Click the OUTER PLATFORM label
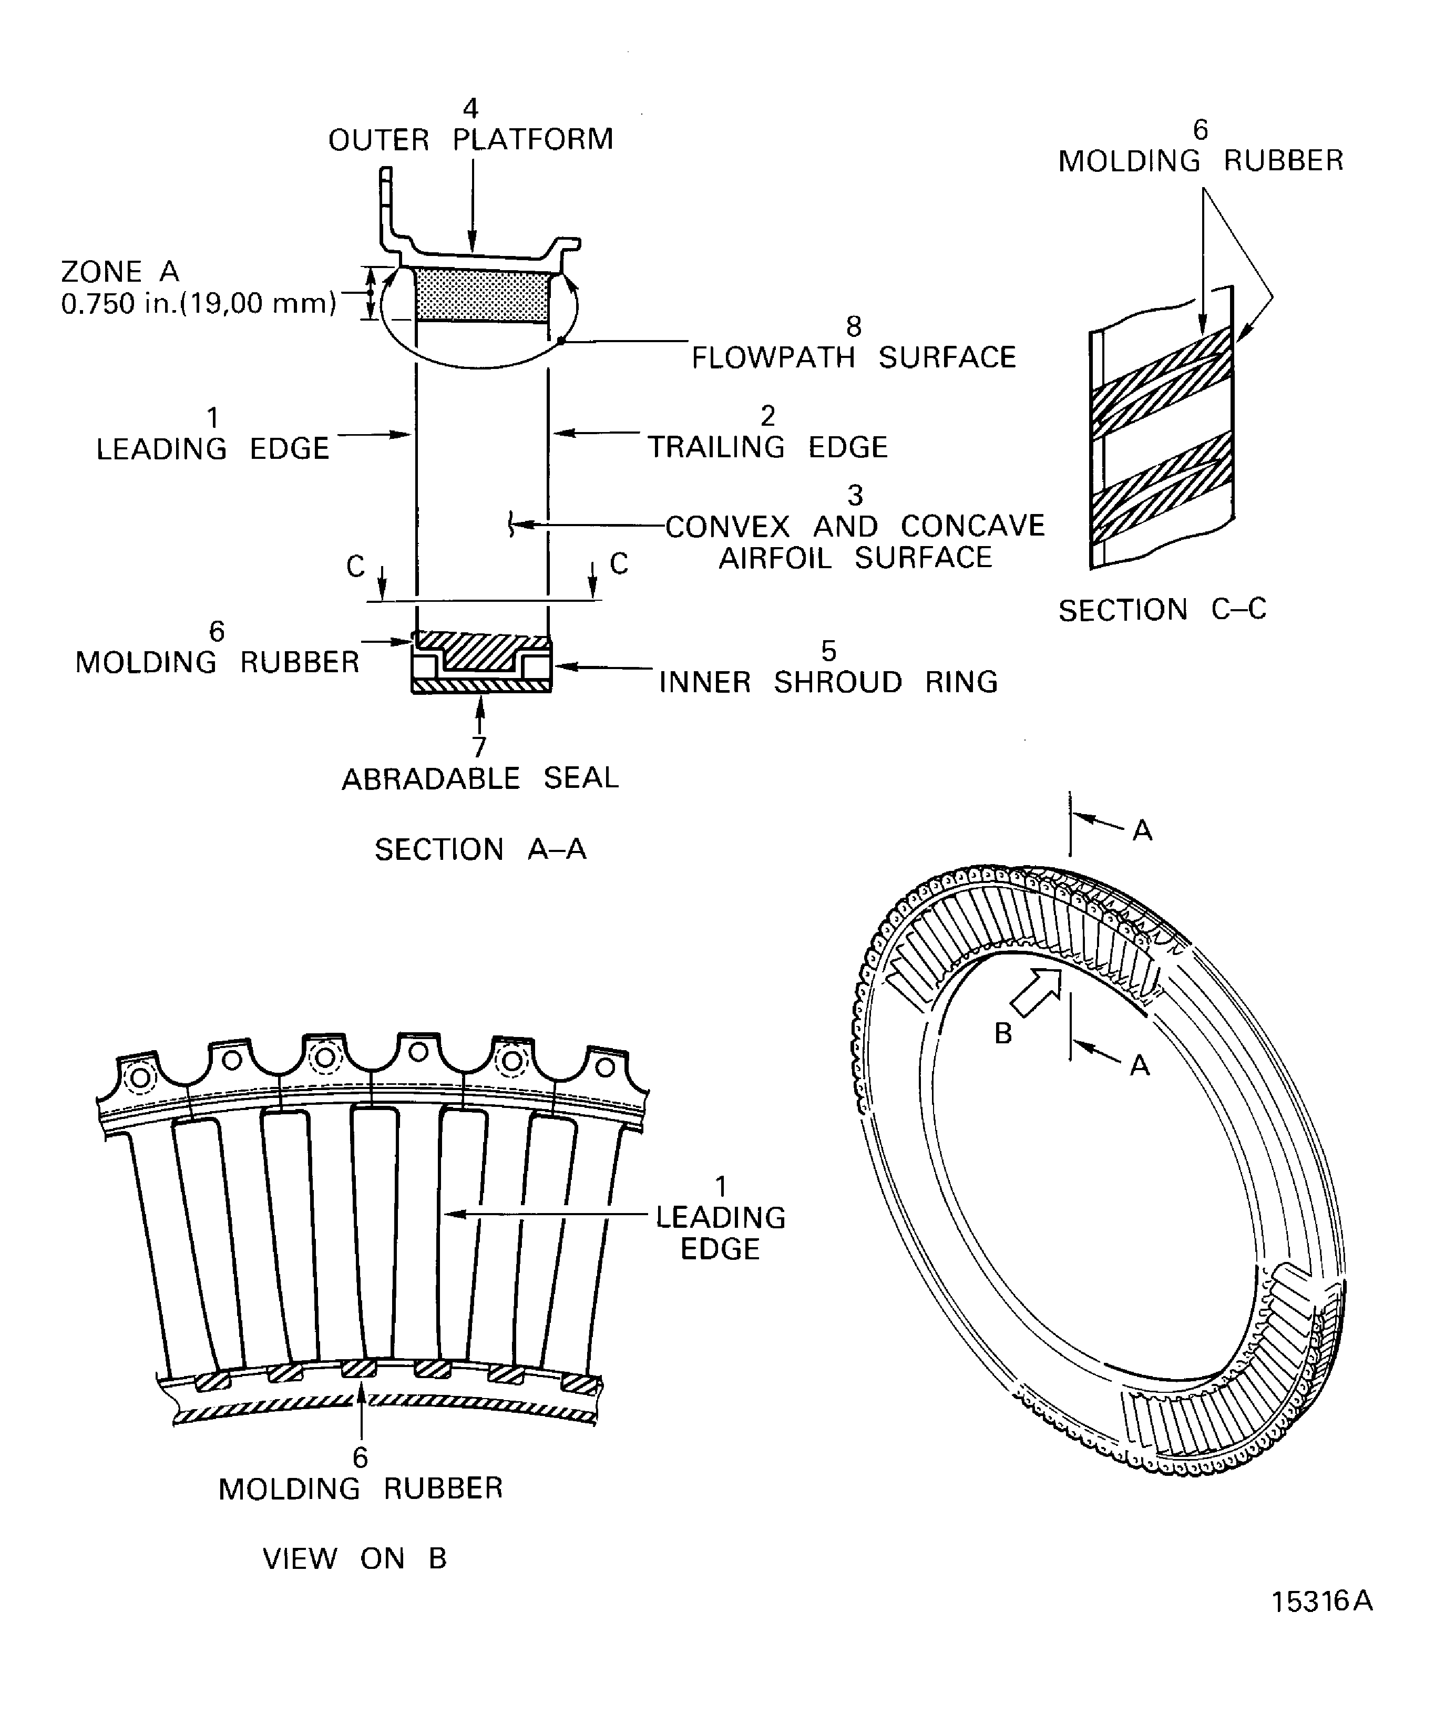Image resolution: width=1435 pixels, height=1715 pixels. pos(470,140)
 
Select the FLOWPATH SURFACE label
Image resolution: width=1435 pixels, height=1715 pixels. pos(854,358)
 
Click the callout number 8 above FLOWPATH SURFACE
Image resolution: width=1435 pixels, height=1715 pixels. pos(854,327)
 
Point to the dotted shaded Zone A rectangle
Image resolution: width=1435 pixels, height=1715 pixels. pos(482,295)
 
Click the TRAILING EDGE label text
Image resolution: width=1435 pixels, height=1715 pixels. pos(768,447)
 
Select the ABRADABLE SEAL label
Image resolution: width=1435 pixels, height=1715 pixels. pos(480,778)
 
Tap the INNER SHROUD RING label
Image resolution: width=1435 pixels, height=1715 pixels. pos(828,682)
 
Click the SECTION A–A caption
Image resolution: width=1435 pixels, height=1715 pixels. pos(480,850)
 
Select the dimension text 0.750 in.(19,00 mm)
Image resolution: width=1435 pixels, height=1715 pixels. pos(199,304)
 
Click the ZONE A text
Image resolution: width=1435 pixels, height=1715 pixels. pos(120,271)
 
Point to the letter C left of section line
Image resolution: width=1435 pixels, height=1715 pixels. pos(355,566)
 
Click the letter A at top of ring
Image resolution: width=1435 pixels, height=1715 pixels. pos(1142,831)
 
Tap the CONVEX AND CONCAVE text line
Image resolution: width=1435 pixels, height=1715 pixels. pos(854,526)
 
